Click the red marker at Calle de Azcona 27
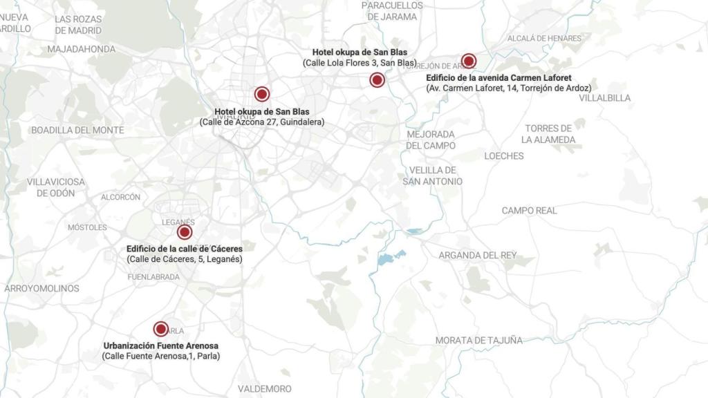point(261,95)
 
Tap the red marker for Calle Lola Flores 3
point(377,80)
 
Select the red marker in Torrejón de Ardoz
point(469,61)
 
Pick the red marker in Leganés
point(184,232)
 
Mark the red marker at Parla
point(161,330)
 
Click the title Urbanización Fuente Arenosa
point(160,345)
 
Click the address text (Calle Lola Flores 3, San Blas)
point(360,63)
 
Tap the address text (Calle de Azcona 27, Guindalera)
point(261,122)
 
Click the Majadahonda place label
point(81,49)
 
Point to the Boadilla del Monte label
point(77,130)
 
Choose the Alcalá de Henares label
point(544,38)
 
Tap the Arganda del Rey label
point(477,255)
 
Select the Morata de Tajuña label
point(478,340)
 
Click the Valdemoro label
point(264,389)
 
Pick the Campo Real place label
point(529,210)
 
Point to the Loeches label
point(503,156)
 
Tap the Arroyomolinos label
point(41,288)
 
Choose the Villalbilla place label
point(604,98)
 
